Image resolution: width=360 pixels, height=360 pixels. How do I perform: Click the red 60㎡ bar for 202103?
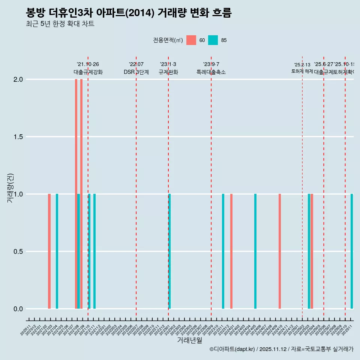click(x=49, y=251)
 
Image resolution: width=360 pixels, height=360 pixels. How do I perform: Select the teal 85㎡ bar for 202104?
click(x=57, y=251)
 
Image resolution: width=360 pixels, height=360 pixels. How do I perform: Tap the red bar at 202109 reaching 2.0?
click(x=81, y=194)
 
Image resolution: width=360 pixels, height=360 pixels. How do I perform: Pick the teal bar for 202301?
click(x=169, y=251)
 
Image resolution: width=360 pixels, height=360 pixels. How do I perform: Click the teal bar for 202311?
click(x=223, y=251)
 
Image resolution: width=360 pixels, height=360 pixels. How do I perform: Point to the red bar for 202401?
click(x=231, y=251)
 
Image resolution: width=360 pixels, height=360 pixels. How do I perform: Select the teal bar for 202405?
click(x=255, y=251)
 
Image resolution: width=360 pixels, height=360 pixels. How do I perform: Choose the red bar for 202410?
click(x=280, y=251)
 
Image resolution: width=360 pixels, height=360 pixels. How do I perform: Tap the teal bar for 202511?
click(x=352, y=251)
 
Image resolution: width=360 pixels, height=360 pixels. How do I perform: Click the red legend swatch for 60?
click(x=191, y=40)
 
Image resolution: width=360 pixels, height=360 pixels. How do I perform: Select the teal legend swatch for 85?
click(x=213, y=40)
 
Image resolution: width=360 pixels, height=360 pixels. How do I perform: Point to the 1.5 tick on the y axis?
click(x=18, y=137)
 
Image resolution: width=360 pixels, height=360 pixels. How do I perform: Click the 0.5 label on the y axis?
click(x=18, y=252)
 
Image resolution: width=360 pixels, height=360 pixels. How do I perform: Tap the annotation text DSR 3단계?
click(x=136, y=72)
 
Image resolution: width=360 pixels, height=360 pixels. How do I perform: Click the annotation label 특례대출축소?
click(x=211, y=72)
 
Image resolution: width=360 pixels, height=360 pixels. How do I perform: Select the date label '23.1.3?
click(x=168, y=64)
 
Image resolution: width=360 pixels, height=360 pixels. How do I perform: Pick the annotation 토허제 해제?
click(x=302, y=71)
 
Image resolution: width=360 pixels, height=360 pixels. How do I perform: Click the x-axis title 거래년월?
click(x=189, y=340)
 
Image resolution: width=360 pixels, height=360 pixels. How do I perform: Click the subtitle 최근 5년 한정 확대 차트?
click(x=60, y=24)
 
